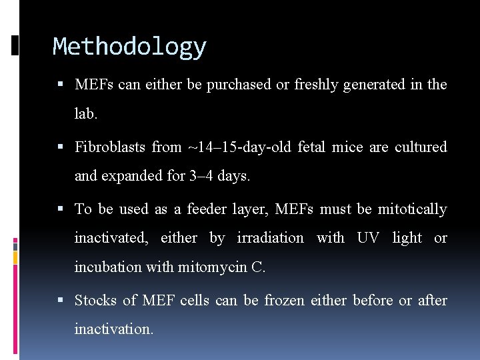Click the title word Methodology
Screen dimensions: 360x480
coord(129,47)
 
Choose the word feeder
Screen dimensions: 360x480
coord(206,209)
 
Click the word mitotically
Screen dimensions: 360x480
coord(412,209)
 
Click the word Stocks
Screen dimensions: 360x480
coord(95,301)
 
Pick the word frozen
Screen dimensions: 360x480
coord(283,301)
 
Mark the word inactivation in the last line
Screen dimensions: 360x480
coord(113,329)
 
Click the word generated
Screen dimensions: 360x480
coord(373,85)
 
